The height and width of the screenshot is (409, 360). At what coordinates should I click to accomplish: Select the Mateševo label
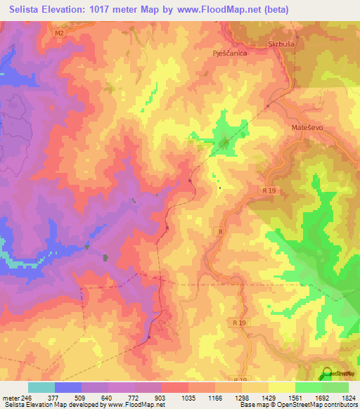click(x=307, y=129)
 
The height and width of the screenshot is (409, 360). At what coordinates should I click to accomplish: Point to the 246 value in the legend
click(x=27, y=397)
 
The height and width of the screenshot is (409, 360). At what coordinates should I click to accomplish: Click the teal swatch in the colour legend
click(x=41, y=387)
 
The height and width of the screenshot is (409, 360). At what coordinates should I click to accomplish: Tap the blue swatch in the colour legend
click(x=68, y=387)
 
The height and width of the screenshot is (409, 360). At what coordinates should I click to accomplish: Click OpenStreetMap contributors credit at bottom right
click(x=316, y=405)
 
